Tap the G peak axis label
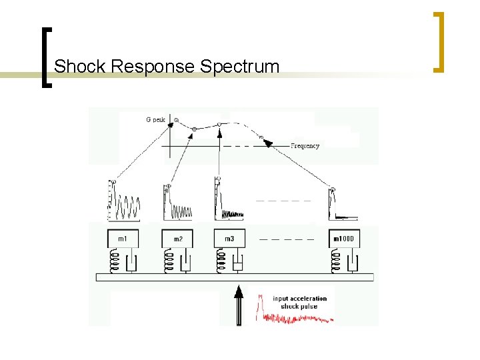click(155, 120)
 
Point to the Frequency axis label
click(305, 146)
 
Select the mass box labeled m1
click(123, 239)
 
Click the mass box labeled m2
click(178, 239)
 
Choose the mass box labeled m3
click(229, 239)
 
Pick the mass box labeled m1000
click(344, 239)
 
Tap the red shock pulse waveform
click(293, 316)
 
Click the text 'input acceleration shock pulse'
click(300, 302)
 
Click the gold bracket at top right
click(439, 41)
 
